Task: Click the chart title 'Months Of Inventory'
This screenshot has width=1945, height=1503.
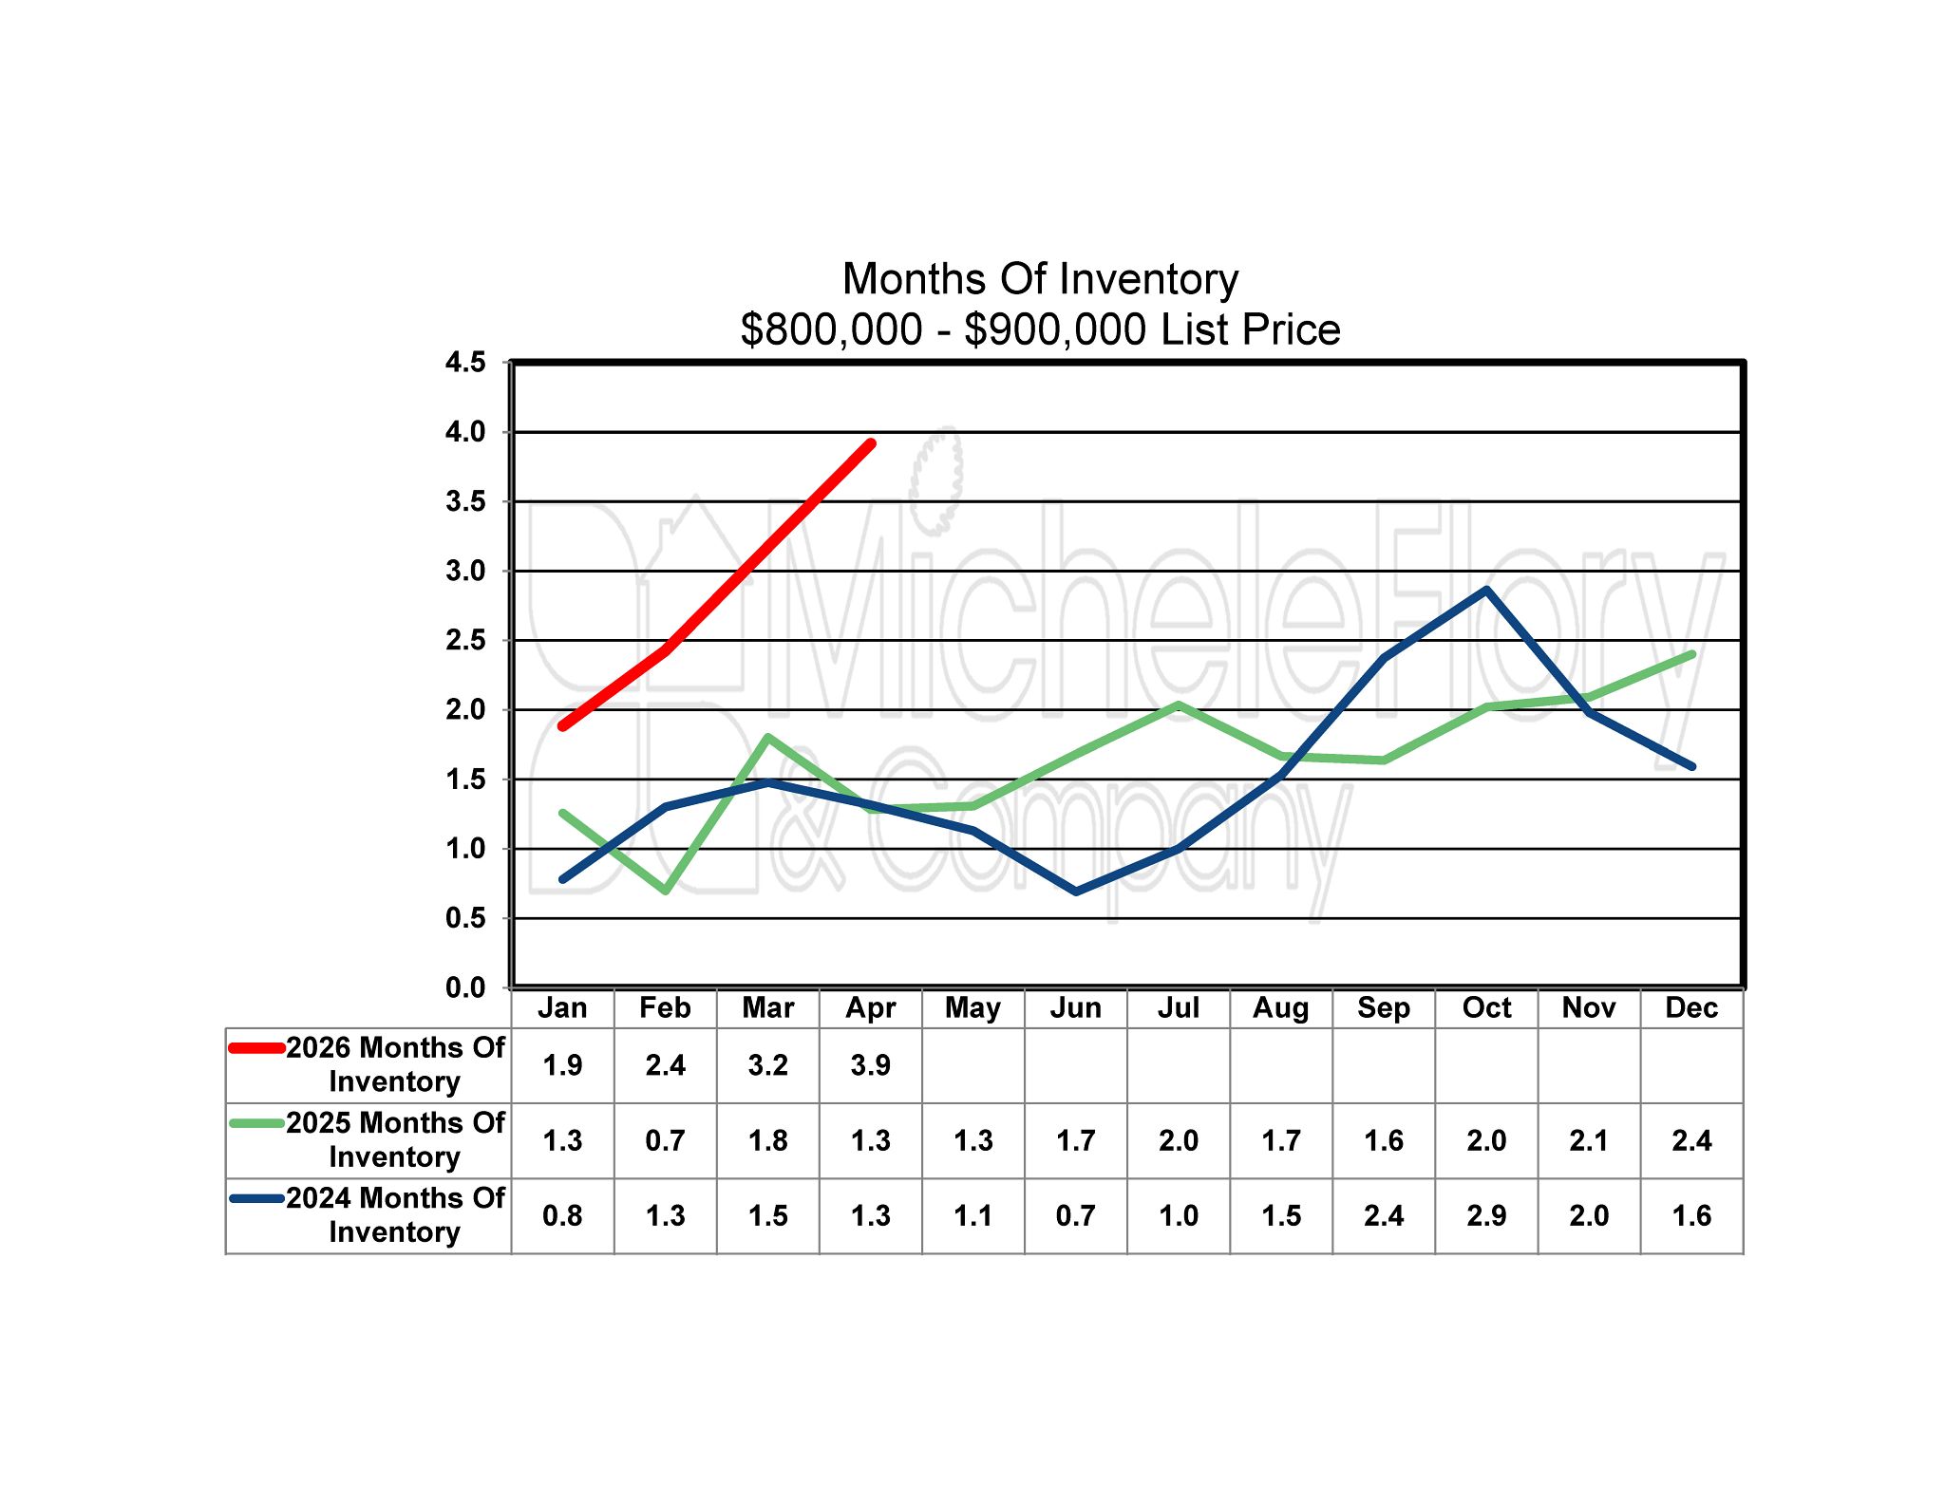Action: [x=1040, y=279]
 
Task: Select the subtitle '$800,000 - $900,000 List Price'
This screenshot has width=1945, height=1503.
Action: [x=1040, y=329]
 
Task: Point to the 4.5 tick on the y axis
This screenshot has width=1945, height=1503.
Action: [x=465, y=362]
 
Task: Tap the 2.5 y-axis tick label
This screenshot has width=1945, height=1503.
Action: [x=465, y=640]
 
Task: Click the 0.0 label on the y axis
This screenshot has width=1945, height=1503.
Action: [x=465, y=987]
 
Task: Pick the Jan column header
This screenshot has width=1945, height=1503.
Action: [x=562, y=1007]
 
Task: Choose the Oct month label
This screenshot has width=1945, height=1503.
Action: [x=1486, y=1007]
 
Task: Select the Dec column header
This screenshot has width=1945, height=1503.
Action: [x=1691, y=1007]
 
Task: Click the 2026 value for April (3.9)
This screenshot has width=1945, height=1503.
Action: [x=870, y=1065]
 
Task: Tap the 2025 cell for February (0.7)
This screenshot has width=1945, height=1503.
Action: [x=665, y=1140]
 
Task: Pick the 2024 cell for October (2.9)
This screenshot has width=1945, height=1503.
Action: [x=1486, y=1215]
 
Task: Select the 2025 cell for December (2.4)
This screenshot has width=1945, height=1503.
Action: [x=1691, y=1140]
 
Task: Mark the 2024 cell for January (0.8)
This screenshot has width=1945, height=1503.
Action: [x=562, y=1215]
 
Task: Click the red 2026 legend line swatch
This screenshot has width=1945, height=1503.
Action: [x=256, y=1048]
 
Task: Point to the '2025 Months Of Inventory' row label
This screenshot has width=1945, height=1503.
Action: [x=395, y=1139]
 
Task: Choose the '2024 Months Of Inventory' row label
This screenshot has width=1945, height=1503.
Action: [x=395, y=1214]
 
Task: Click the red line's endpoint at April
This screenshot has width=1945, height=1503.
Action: [x=871, y=443]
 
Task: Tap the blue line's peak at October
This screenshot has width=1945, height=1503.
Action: [x=1486, y=590]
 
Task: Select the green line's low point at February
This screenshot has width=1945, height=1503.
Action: [x=666, y=890]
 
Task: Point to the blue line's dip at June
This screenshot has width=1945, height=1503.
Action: [x=1076, y=892]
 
